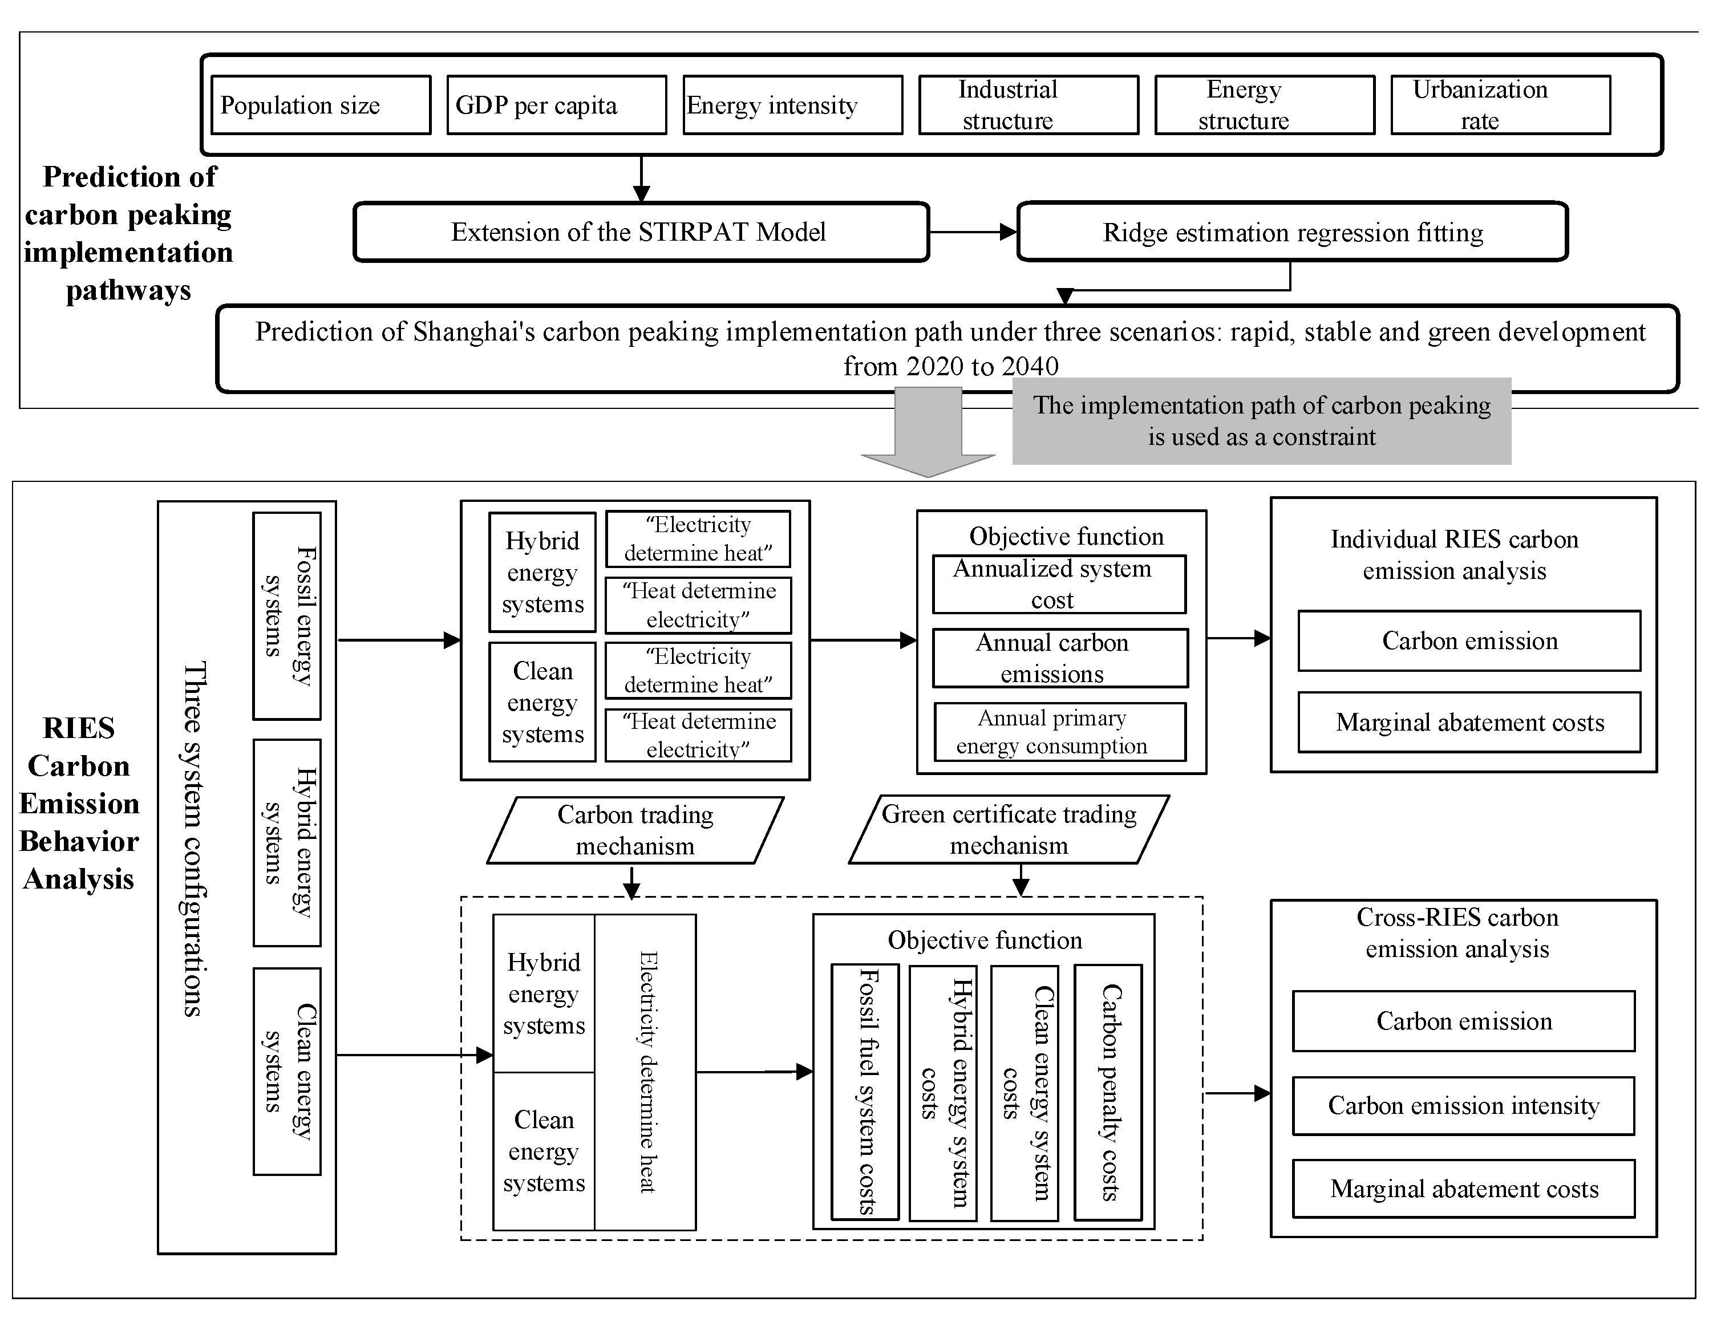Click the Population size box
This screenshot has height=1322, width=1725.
tap(320, 105)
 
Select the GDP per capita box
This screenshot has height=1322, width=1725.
tap(556, 105)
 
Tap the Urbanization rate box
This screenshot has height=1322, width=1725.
tap(1500, 105)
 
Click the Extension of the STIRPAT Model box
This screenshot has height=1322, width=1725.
tap(641, 232)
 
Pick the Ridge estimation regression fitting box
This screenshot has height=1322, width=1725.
tap(1292, 232)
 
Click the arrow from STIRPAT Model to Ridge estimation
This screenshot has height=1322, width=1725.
tap(973, 232)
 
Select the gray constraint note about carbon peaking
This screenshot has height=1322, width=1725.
tap(1261, 421)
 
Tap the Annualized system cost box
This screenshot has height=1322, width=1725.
tap(1059, 584)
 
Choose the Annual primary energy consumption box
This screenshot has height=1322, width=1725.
tap(1059, 732)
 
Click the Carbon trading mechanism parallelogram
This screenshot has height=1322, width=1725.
tap(635, 830)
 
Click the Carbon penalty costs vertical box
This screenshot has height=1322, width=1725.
tap(1108, 1092)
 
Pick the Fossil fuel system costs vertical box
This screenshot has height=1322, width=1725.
tap(865, 1092)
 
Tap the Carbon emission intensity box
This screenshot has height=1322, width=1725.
tap(1463, 1106)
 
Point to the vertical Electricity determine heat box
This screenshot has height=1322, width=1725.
tap(645, 1072)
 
